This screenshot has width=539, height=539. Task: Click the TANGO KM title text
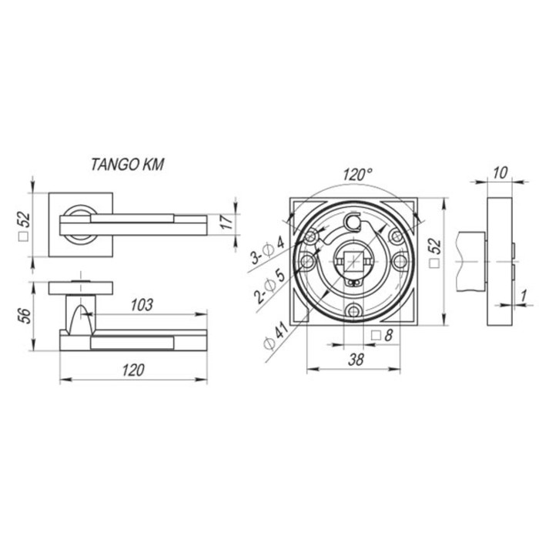[x=128, y=165]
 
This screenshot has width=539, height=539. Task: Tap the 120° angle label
[x=357, y=175]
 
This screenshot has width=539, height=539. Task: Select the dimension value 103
[x=142, y=305]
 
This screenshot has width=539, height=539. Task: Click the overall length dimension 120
[x=133, y=370]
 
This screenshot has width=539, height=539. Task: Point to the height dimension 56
[x=25, y=316]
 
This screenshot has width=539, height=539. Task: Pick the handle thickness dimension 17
[x=226, y=222]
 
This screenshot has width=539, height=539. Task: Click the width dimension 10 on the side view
[x=500, y=173]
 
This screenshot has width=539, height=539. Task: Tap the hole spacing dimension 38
[x=356, y=360]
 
